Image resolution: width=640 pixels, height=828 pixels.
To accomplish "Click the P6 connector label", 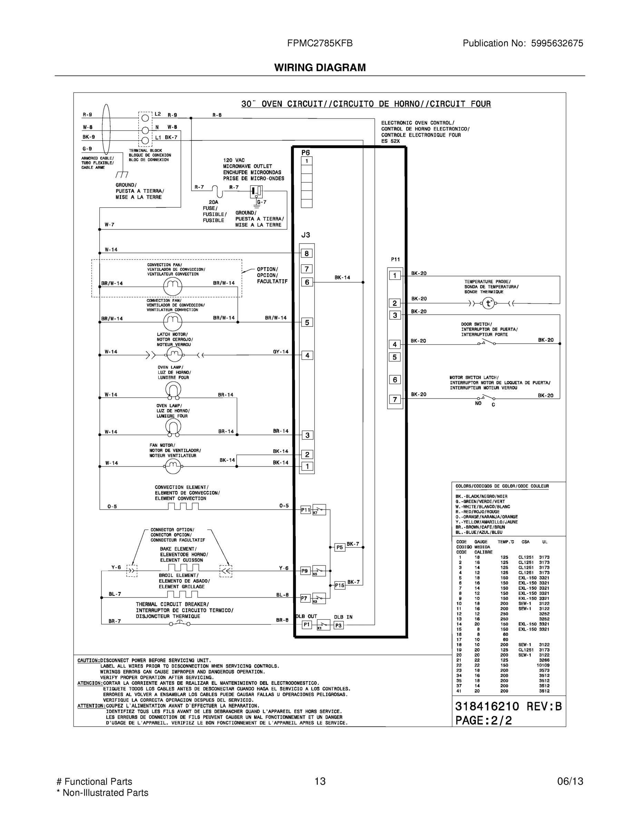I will (306, 152).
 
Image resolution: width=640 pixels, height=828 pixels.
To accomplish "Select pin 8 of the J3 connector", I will (307, 253).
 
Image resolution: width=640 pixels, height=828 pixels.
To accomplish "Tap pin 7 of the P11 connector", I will (395, 399).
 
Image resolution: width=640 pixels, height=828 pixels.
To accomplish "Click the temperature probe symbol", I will (488, 303).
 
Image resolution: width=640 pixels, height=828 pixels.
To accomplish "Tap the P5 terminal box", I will (340, 548).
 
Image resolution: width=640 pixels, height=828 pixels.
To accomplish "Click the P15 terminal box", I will (340, 585).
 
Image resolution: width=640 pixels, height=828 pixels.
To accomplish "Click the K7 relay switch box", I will (319, 510).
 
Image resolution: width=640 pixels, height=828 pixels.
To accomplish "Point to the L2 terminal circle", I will (145, 118).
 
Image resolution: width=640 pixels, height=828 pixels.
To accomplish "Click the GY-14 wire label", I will (280, 352).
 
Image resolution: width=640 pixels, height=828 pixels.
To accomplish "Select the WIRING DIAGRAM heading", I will (320, 68).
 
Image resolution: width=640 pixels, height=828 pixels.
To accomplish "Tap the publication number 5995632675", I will (557, 43).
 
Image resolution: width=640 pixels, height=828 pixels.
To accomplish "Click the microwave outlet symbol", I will (256, 191).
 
